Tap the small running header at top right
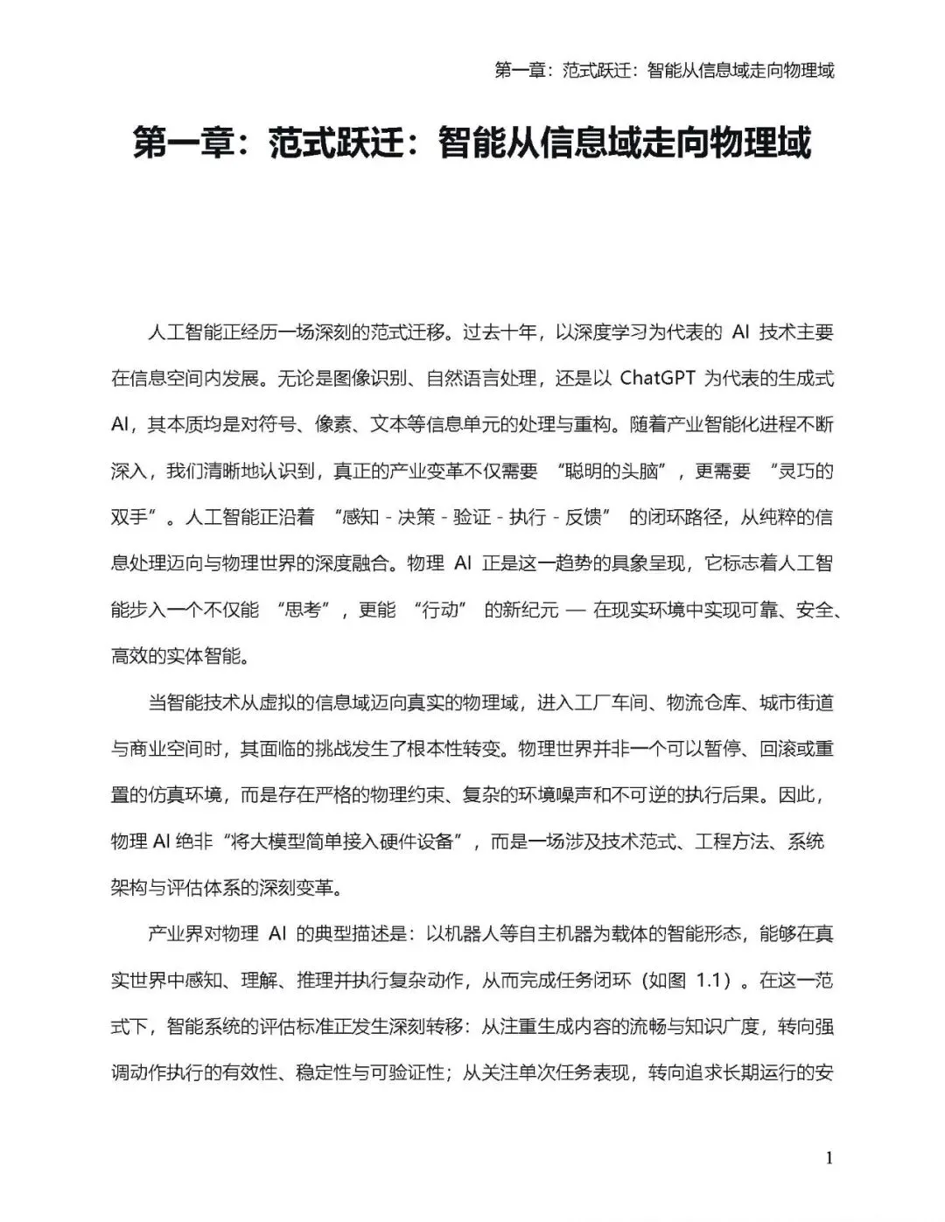click(x=664, y=70)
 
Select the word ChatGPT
click(x=658, y=378)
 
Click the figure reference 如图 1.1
click(x=687, y=980)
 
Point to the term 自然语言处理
click(x=479, y=378)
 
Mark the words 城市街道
click(x=796, y=702)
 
